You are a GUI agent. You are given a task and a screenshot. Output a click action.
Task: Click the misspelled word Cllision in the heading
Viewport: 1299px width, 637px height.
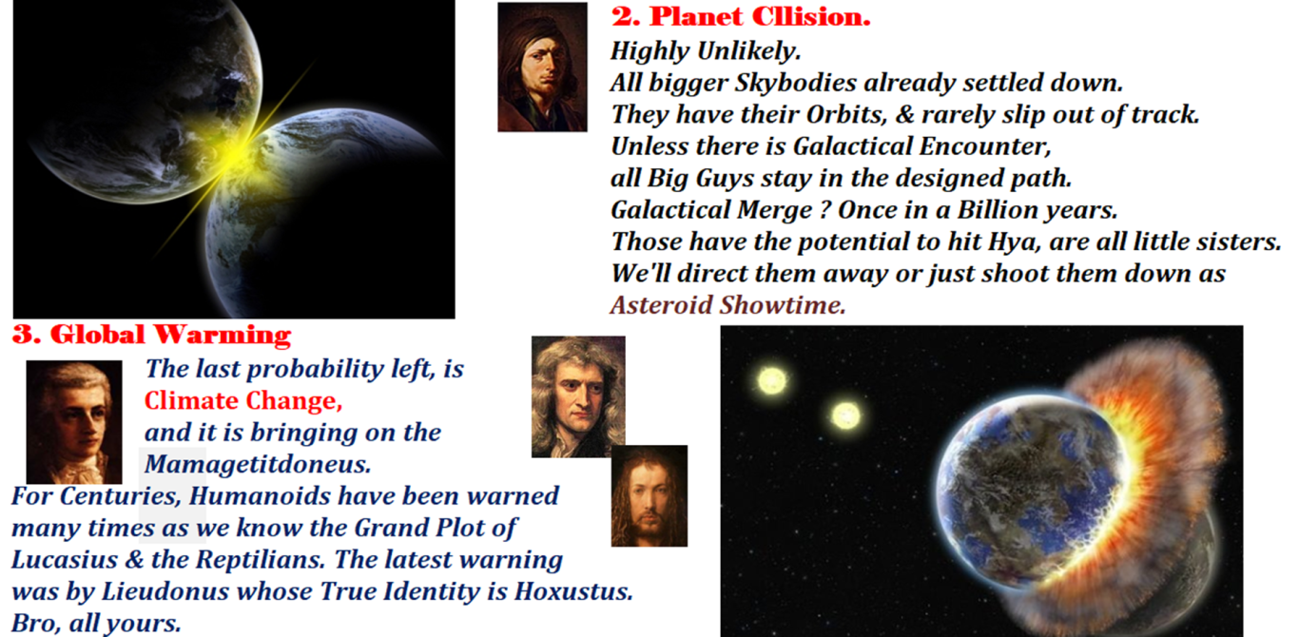(x=812, y=16)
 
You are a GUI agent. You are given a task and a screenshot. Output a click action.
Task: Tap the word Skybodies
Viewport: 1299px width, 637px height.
(x=795, y=83)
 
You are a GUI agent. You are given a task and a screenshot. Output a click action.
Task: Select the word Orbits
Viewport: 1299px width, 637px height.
(x=846, y=115)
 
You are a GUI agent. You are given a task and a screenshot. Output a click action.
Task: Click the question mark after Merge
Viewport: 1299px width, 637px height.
(x=825, y=210)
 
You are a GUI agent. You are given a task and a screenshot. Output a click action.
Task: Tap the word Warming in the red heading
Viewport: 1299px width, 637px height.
(x=223, y=335)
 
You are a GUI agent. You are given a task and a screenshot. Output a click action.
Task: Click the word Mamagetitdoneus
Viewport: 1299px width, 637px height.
(x=258, y=464)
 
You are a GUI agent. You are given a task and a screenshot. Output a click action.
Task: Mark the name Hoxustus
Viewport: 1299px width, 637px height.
(x=573, y=591)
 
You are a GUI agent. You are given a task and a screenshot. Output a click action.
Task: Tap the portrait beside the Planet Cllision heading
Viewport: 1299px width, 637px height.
(x=542, y=68)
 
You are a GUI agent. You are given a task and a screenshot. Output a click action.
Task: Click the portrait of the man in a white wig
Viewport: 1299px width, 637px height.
(x=74, y=422)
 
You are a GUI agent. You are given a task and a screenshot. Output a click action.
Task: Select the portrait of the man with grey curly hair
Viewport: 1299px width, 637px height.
(x=578, y=396)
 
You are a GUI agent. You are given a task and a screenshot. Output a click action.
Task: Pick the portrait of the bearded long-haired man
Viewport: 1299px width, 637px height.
(x=649, y=496)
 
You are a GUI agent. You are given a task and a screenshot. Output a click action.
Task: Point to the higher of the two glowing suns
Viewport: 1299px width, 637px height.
(x=772, y=381)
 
